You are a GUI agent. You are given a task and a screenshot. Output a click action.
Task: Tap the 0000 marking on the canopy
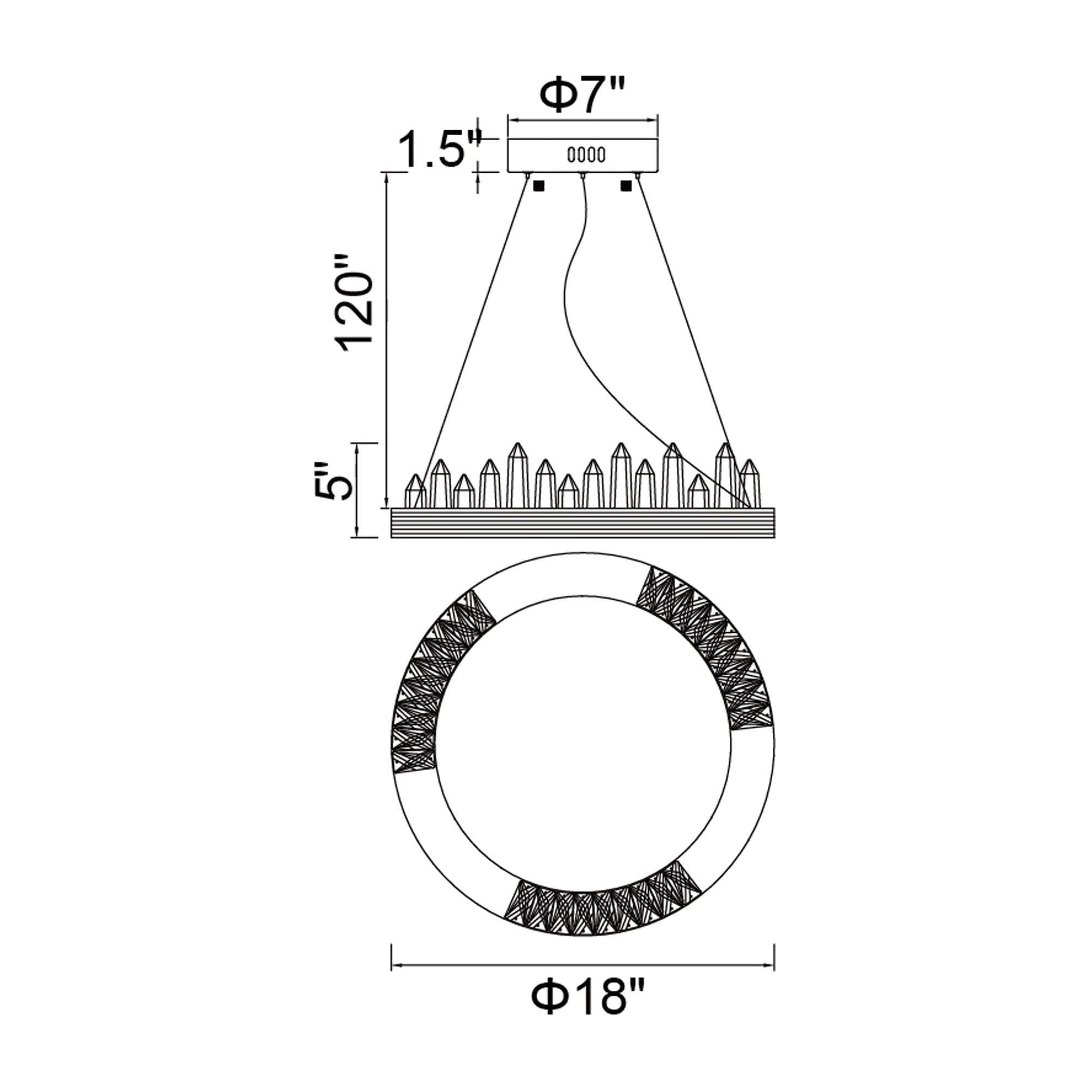coord(586,154)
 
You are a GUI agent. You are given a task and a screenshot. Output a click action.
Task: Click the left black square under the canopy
coord(538,185)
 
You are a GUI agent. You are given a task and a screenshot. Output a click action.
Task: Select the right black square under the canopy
coord(625,185)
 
